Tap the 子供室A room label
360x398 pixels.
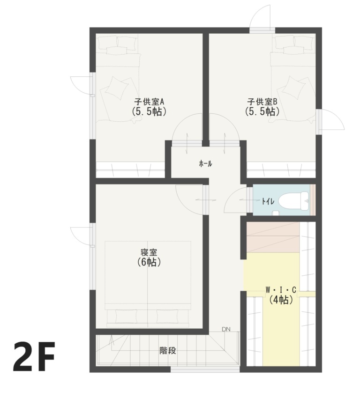(x=148, y=101)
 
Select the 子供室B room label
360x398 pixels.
(x=262, y=101)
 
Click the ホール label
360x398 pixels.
(x=205, y=163)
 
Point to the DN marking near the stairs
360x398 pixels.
(x=226, y=329)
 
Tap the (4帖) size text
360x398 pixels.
(x=281, y=300)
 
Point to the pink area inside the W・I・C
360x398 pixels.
(x=272, y=237)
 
